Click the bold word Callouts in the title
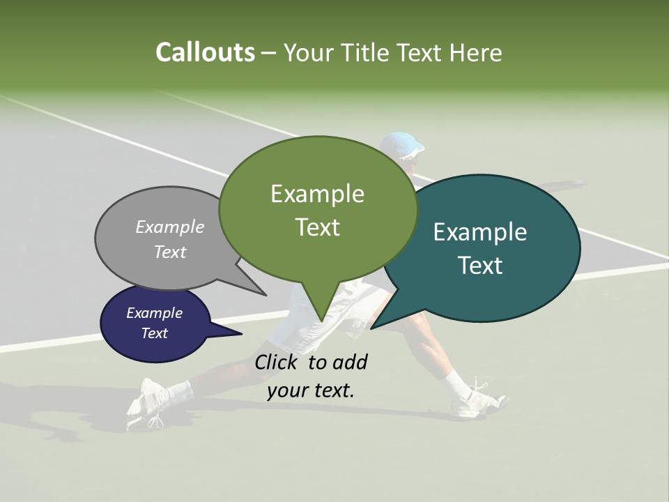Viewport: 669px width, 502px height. (x=205, y=52)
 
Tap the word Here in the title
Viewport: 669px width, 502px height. (x=476, y=52)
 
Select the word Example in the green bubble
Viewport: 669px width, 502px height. (x=317, y=194)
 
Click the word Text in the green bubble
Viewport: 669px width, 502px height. (x=317, y=227)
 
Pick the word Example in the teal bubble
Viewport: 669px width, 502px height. (x=480, y=232)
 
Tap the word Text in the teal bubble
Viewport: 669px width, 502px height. (x=480, y=266)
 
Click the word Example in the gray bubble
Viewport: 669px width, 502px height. (x=170, y=227)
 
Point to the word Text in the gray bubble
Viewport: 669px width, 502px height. (x=170, y=252)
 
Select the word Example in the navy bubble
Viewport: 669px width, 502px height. (x=154, y=313)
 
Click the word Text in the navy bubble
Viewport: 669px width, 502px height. (x=154, y=333)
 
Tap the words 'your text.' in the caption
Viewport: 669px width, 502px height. (x=311, y=390)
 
